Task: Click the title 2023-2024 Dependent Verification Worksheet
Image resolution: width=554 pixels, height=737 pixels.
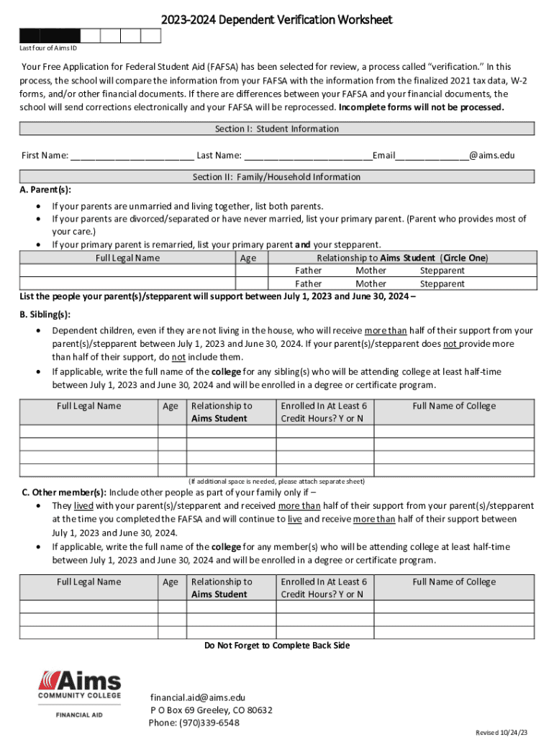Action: [277, 19]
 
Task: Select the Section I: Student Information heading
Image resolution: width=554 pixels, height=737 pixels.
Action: [277, 129]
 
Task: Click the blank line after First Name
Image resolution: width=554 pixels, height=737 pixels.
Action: [132, 156]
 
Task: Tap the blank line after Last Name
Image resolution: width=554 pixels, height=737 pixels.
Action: [308, 156]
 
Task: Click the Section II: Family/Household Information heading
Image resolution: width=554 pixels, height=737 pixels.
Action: [277, 177]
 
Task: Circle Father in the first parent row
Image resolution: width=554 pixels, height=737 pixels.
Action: [309, 271]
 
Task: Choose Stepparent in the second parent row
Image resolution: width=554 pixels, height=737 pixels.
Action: [442, 284]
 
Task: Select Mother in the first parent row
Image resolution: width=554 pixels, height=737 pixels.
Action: [371, 271]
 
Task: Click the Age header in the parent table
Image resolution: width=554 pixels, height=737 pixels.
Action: [248, 258]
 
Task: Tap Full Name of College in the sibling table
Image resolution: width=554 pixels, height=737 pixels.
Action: [454, 406]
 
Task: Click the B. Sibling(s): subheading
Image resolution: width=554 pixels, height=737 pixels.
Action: [45, 315]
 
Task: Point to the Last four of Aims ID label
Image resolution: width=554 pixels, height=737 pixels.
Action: [47, 48]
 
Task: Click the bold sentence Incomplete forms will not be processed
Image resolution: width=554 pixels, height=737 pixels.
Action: [422, 107]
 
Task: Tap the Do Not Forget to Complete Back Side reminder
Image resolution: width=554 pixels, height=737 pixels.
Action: [277, 646]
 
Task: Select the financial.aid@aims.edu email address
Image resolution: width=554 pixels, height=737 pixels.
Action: [198, 697]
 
